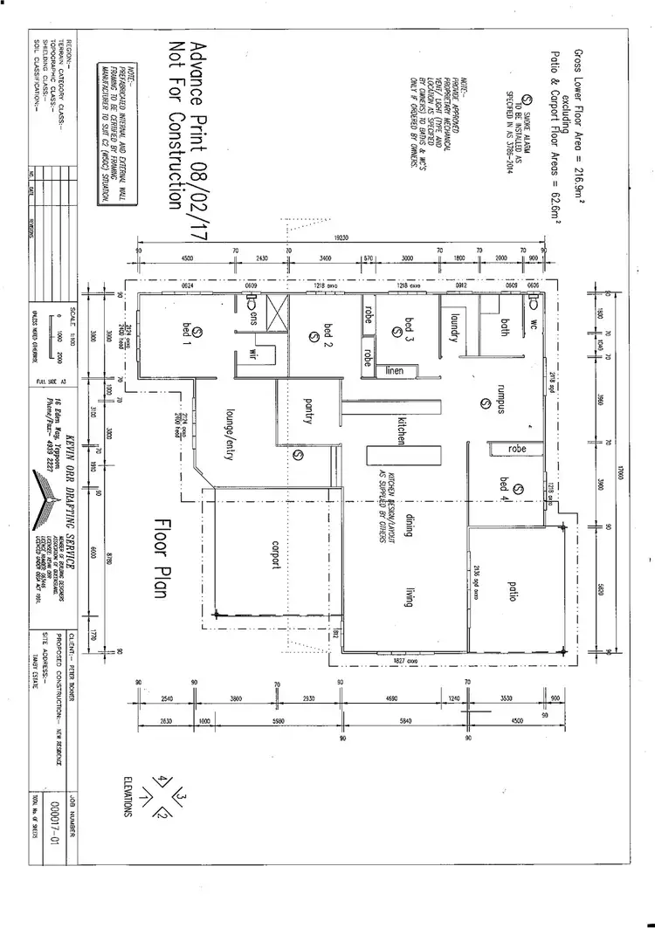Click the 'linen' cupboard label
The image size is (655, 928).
[395, 371]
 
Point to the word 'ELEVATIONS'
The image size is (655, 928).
[128, 795]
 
